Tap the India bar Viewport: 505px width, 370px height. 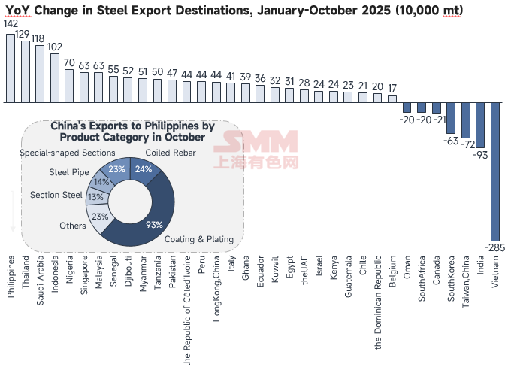480,125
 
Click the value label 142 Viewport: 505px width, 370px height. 11,24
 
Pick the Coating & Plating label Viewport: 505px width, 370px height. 199,239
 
